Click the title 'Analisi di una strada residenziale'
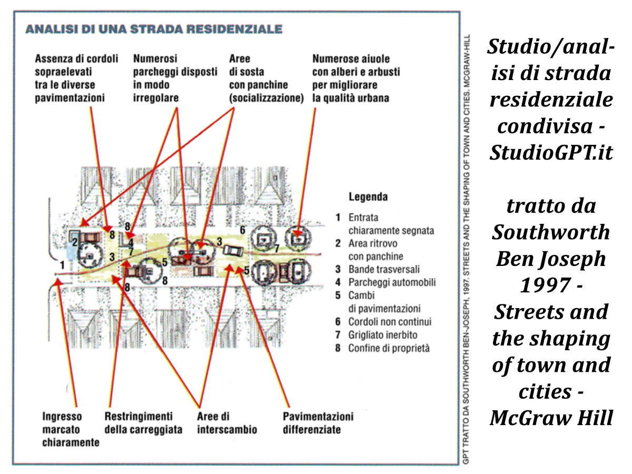(154, 29)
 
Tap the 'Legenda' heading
(368, 197)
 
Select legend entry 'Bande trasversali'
(384, 269)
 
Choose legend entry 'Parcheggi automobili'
(392, 282)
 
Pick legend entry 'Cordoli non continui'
(390, 321)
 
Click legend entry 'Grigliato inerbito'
(383, 335)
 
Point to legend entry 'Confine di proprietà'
(389, 348)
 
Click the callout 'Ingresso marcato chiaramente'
(71, 429)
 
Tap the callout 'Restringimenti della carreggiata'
(143, 423)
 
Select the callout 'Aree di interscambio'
(227, 423)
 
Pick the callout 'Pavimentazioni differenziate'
(318, 423)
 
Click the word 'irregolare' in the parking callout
(156, 98)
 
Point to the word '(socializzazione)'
(266, 98)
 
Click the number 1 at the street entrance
(62, 264)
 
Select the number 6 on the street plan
(242, 230)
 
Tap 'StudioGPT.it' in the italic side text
(551, 152)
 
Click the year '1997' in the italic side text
(545, 285)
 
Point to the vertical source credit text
(466, 249)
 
